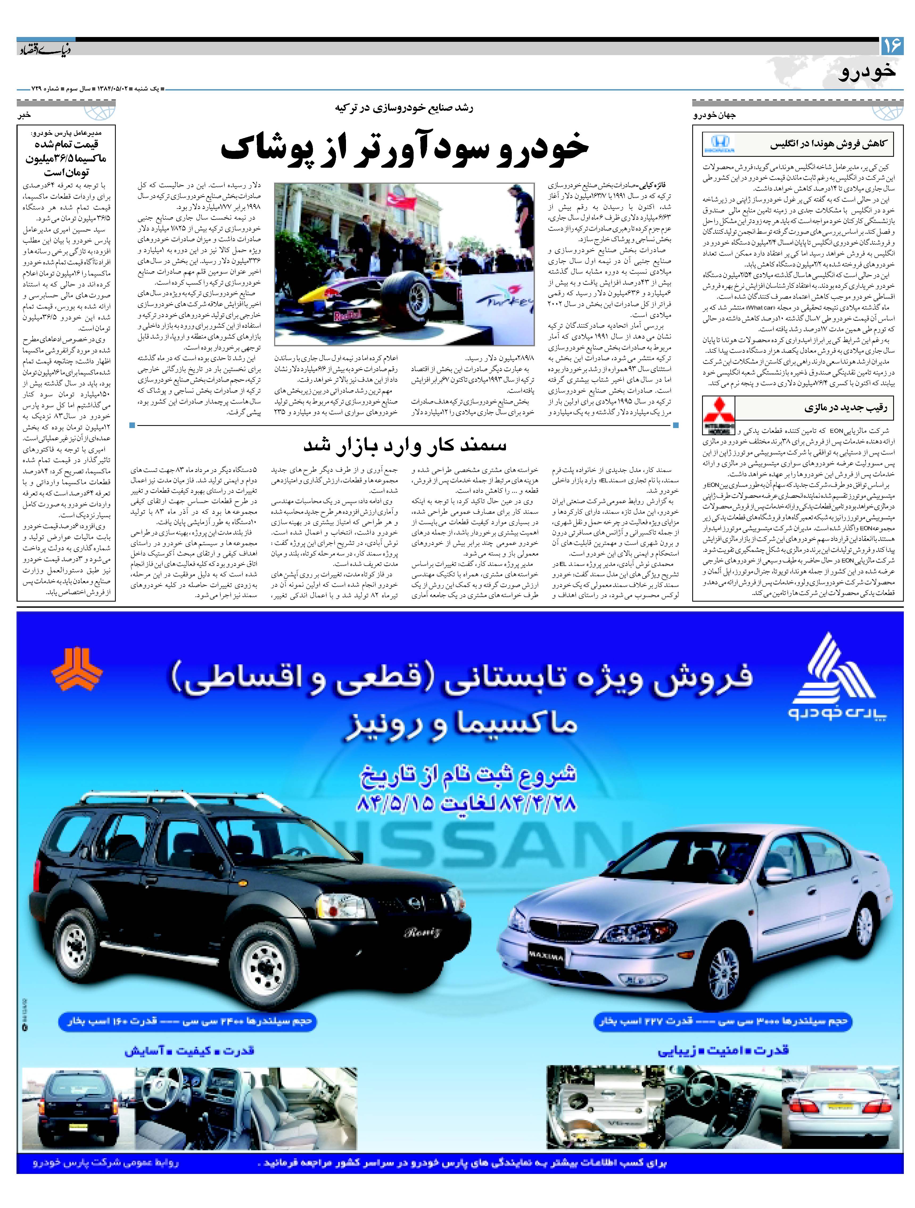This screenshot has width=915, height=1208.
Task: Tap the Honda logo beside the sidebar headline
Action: (719, 144)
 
